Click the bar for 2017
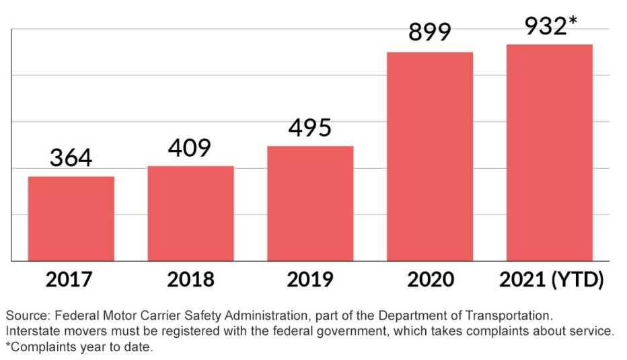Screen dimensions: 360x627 [71, 219]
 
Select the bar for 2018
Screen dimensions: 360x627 [190, 213]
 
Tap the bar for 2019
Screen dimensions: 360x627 [310, 203]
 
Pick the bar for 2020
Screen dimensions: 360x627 [430, 156]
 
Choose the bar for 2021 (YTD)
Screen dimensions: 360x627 [550, 153]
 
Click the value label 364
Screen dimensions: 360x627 [71, 159]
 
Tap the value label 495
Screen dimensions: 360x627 [310, 128]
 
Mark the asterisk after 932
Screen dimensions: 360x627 [573, 23]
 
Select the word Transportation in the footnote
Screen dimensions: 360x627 [509, 316]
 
